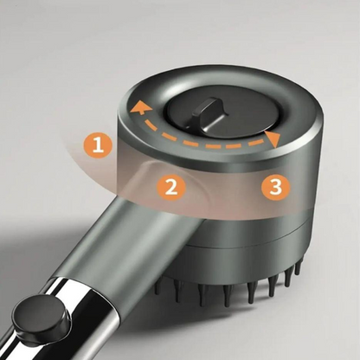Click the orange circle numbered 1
(98, 145)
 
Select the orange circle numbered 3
(276, 186)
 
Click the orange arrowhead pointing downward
(273, 139)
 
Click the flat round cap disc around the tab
(218, 116)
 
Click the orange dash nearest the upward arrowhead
(150, 126)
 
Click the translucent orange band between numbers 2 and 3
(223, 189)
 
